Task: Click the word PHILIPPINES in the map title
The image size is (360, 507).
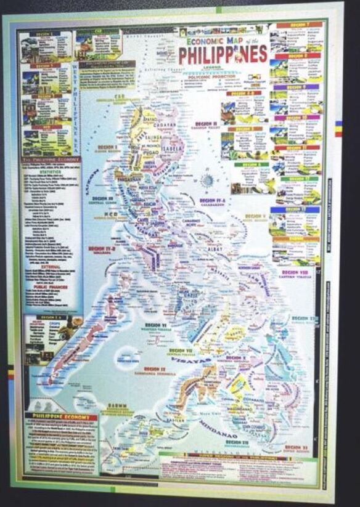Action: click(223, 54)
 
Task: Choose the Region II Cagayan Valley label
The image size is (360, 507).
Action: click(207, 126)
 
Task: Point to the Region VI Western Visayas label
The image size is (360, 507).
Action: click(157, 326)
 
